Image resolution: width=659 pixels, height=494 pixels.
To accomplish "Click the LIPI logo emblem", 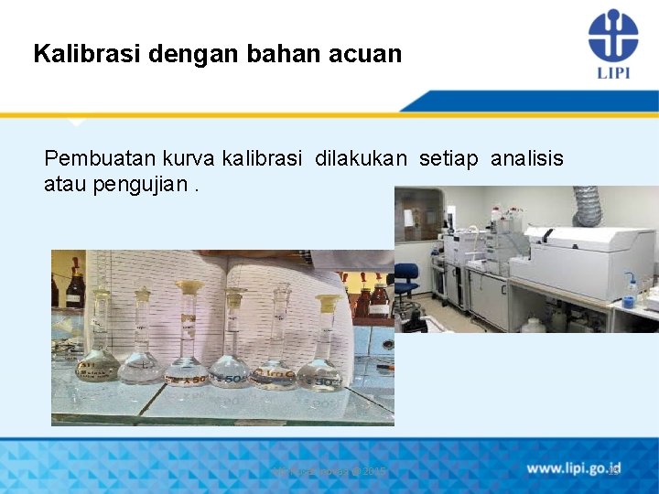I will (x=612, y=35).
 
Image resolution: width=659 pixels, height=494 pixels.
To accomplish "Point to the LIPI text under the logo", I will (x=612, y=71).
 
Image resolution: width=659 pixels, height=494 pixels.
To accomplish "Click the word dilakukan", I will (x=361, y=159).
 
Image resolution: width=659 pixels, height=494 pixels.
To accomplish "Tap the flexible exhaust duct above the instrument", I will (x=586, y=206).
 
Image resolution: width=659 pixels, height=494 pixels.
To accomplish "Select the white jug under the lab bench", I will (x=534, y=324).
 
